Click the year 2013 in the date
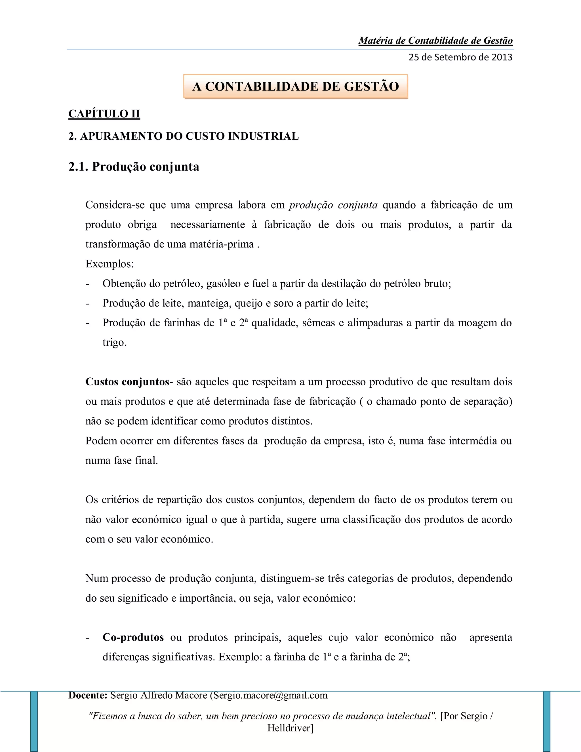pyautogui.click(x=502, y=57)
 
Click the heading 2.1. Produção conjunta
pyautogui.click(x=134, y=167)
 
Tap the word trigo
pyautogui.click(x=114, y=343)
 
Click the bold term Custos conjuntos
pyautogui.click(x=127, y=382)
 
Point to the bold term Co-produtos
pyautogui.click(x=133, y=637)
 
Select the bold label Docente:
pyautogui.click(x=88, y=695)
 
